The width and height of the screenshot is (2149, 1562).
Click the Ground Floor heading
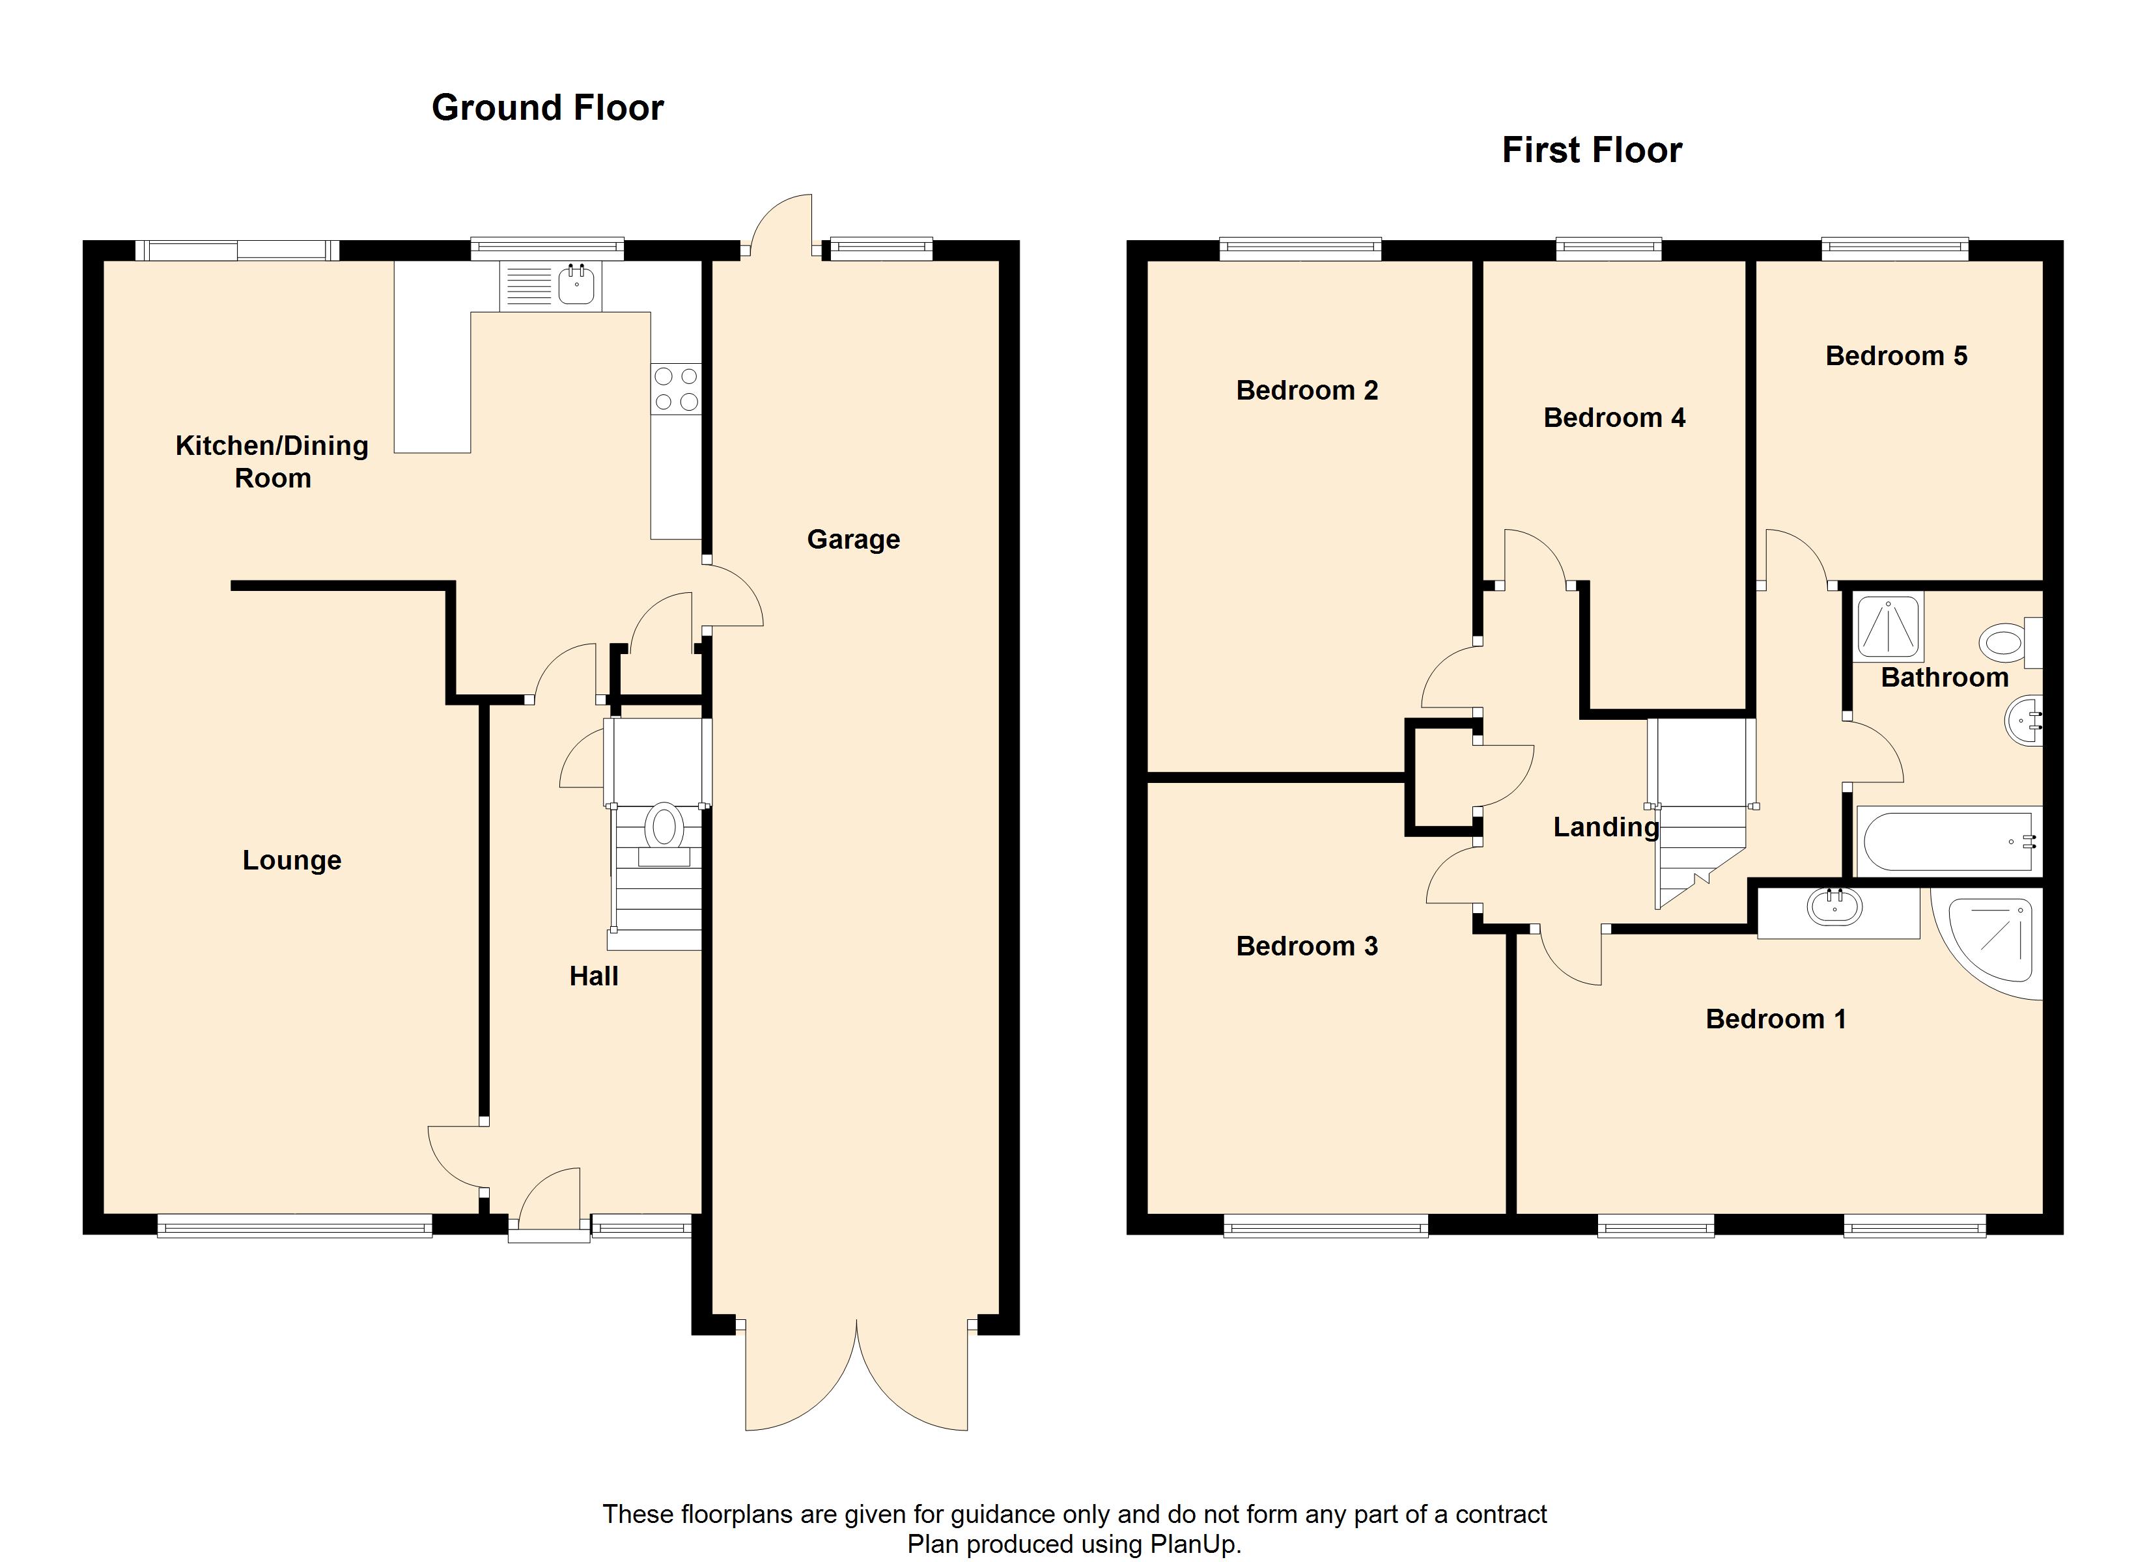(548, 108)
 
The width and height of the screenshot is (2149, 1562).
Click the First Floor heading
(1592, 150)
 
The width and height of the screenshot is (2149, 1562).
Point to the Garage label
(854, 540)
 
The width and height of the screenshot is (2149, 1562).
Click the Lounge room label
(292, 861)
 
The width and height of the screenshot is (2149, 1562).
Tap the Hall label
(594, 977)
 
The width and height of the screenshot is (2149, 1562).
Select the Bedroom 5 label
(1896, 356)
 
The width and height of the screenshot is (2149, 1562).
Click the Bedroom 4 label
(1614, 418)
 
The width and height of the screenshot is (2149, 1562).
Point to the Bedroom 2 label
(1306, 390)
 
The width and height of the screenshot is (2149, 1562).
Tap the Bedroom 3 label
(1306, 946)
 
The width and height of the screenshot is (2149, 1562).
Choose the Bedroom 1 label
(1776, 1019)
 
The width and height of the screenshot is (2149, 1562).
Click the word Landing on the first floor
(1606, 828)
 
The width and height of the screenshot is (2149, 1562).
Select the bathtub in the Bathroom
(1948, 841)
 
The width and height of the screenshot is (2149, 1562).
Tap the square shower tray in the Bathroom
(1889, 627)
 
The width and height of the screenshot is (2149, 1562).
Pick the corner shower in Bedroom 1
(1989, 942)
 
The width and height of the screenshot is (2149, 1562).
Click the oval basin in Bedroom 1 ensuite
(1835, 909)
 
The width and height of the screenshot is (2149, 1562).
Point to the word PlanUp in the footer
(1192, 1545)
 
